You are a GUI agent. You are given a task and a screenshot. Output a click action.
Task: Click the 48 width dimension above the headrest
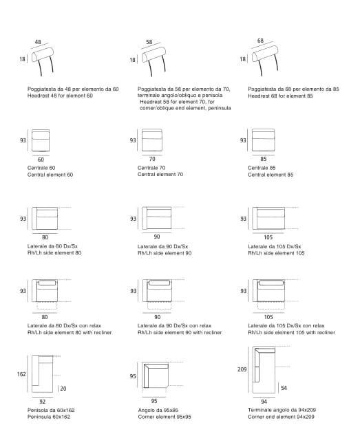38,42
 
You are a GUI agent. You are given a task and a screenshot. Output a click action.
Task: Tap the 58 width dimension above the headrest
149,42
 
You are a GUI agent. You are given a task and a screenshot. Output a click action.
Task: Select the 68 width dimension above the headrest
260,41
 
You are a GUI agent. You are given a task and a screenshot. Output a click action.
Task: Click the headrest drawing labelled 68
265,60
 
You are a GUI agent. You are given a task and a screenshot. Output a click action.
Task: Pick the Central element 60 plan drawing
41,140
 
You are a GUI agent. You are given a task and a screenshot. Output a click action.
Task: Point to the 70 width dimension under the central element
152,159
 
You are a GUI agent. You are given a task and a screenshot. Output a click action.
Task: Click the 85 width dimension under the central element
264,159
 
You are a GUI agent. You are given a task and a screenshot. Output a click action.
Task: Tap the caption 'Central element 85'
271,175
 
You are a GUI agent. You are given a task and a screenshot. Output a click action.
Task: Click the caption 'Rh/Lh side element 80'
54,252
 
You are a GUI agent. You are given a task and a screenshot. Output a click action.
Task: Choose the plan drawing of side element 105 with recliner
268,291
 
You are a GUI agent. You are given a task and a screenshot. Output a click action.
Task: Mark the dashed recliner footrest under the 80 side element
47,305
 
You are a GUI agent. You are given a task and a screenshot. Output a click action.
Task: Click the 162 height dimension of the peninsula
21,374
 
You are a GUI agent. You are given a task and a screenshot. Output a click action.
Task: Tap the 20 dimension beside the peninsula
63,389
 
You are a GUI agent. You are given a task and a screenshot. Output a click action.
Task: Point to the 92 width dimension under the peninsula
43,402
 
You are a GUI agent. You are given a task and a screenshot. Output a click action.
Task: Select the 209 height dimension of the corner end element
242,369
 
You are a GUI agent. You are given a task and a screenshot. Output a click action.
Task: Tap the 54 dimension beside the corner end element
284,388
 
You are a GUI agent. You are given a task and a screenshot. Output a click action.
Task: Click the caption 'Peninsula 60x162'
49,417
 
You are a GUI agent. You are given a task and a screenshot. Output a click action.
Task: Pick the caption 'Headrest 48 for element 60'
60,96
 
